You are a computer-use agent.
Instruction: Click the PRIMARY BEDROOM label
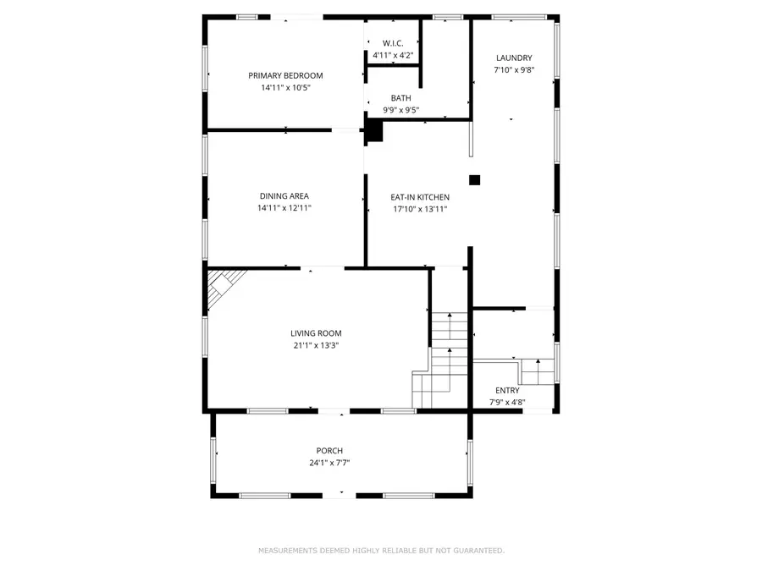tap(285, 75)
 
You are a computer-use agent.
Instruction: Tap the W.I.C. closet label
tap(393, 43)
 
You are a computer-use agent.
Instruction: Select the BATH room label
tap(400, 98)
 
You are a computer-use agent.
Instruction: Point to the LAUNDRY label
tap(514, 58)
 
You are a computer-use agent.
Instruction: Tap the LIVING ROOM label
tap(316, 333)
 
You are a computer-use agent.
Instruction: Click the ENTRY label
tap(507, 391)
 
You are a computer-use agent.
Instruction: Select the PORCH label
tap(329, 450)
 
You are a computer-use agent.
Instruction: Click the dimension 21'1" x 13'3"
tap(316, 345)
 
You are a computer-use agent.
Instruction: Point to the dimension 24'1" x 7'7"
tap(329, 462)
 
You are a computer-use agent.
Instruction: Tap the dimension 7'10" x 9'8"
tap(514, 70)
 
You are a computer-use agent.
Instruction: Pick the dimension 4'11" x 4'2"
tap(393, 56)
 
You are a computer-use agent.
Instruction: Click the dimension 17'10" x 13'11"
tap(419, 209)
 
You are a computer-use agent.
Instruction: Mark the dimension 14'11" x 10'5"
tap(285, 88)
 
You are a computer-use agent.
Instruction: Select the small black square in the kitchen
tap(475, 179)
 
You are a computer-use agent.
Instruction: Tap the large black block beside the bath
tap(373, 130)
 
